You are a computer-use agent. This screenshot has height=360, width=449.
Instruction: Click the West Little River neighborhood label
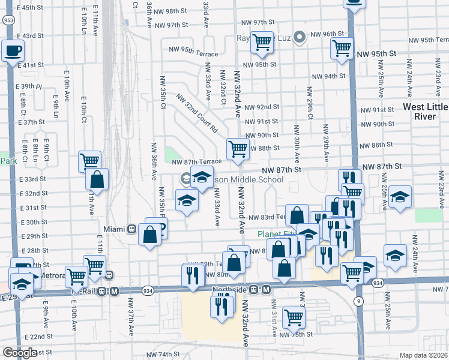[x=425, y=112]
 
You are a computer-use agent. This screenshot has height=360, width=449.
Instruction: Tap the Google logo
[x=20, y=353]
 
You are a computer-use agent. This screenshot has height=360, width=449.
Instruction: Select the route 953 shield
[x=8, y=20]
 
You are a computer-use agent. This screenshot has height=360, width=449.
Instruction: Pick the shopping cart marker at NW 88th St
[x=238, y=149]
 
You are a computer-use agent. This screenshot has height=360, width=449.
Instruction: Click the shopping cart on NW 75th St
[x=294, y=317]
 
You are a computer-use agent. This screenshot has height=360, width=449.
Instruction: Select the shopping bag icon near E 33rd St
[x=96, y=179]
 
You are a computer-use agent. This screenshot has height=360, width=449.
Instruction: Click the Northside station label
[x=231, y=289]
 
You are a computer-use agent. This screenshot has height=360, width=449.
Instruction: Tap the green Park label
[x=8, y=161]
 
